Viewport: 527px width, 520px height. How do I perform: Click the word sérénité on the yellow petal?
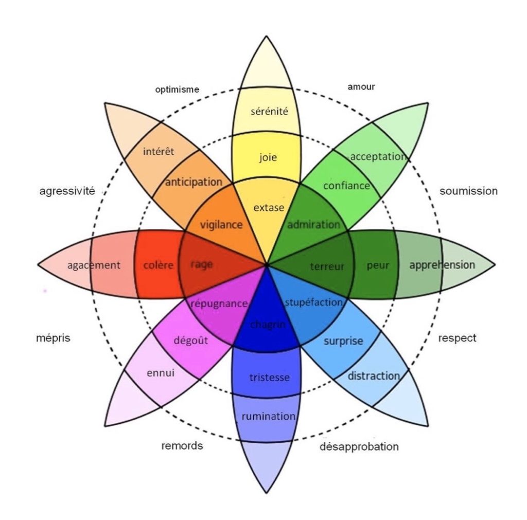(x=269, y=111)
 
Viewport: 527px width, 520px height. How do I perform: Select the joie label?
(x=268, y=157)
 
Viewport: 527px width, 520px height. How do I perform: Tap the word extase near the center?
(x=269, y=208)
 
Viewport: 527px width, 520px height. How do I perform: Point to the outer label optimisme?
(x=177, y=89)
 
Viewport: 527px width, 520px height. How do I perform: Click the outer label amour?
(x=361, y=86)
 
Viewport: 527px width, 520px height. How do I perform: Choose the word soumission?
(x=468, y=191)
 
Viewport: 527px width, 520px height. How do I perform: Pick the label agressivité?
(x=67, y=191)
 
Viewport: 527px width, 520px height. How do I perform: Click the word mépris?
(x=53, y=338)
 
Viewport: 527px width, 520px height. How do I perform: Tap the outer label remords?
(x=182, y=445)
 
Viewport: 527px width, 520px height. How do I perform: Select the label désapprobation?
(x=359, y=446)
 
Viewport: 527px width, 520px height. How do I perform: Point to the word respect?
(x=457, y=338)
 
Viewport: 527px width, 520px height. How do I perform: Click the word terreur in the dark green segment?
(x=327, y=266)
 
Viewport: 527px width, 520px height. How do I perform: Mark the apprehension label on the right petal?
(x=442, y=265)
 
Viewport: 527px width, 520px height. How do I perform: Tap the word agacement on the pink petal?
(x=94, y=265)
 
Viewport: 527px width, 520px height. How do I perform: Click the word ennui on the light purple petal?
(x=161, y=373)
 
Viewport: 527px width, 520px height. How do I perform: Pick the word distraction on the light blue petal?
(x=374, y=376)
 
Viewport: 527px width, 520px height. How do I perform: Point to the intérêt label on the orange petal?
(x=159, y=151)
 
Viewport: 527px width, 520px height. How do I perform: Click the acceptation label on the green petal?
(x=378, y=156)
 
